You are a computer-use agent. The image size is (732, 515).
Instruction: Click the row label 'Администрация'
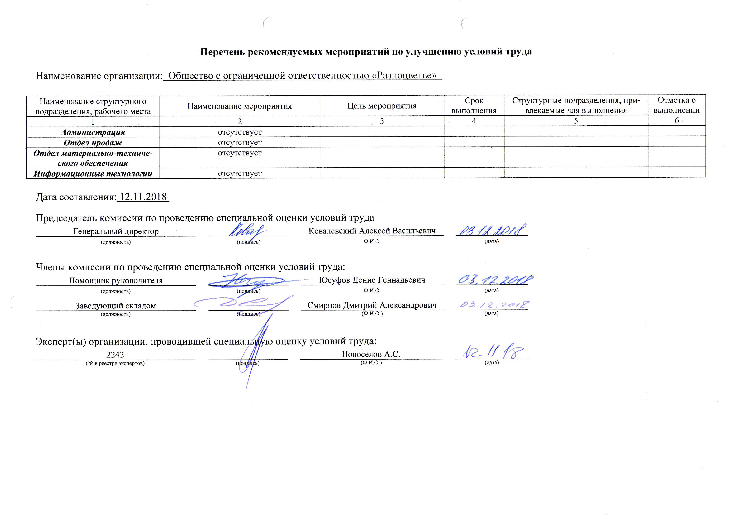tap(93, 132)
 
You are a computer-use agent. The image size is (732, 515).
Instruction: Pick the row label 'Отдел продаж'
tap(93, 143)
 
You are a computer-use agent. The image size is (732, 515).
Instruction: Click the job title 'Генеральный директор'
tap(116, 231)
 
